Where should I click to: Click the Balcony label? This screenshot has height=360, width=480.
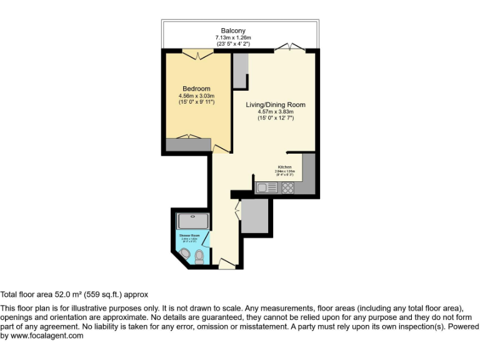coord(232,31)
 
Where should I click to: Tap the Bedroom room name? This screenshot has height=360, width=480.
coord(196,89)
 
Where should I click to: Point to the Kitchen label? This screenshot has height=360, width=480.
coord(284,167)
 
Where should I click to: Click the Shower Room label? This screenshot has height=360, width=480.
coord(189,235)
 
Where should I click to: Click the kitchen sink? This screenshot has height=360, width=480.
coord(266,187)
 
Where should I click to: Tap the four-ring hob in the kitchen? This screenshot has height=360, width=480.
coord(287,187)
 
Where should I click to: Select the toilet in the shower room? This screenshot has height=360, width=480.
coord(199,256)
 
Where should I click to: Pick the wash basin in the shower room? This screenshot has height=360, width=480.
coord(186,253)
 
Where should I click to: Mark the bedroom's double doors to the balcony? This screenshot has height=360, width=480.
coord(198,56)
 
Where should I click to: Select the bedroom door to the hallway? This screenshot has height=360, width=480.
coord(220,149)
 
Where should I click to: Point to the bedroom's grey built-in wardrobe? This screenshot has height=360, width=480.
coord(189,145)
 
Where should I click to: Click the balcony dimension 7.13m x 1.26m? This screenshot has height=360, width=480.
coord(232,37)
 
